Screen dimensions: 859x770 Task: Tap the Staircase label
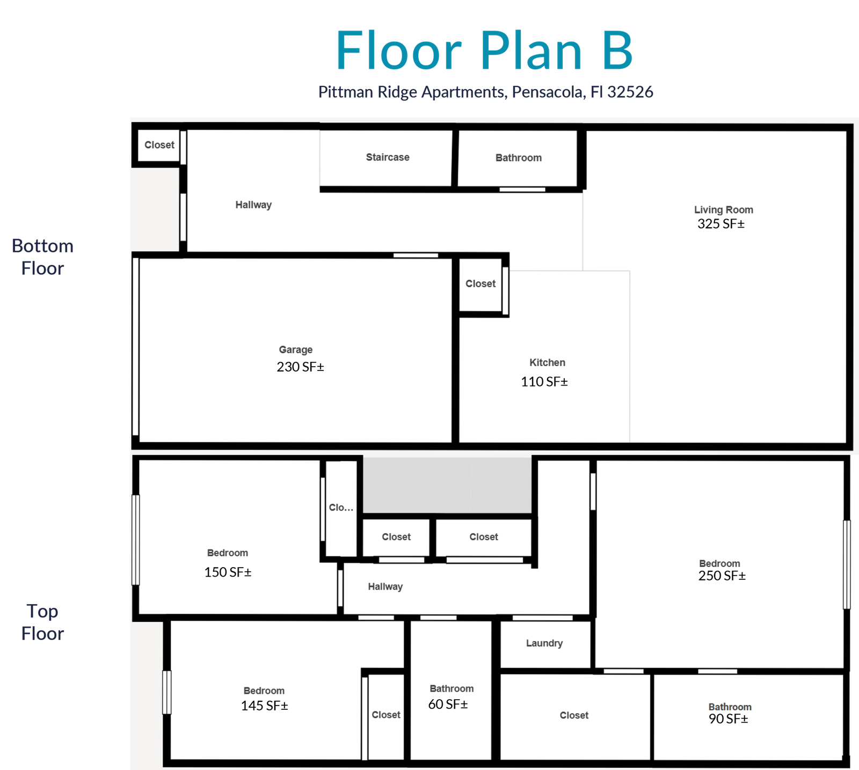click(388, 157)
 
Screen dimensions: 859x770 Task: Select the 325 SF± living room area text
click(721, 224)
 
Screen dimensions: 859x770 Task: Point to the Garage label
click(296, 350)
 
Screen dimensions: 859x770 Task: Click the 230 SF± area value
click(301, 367)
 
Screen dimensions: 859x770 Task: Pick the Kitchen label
click(547, 362)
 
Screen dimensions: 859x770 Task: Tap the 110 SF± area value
click(544, 382)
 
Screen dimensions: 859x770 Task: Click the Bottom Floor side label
click(42, 257)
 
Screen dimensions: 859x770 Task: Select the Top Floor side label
click(42, 622)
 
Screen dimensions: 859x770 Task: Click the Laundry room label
click(544, 643)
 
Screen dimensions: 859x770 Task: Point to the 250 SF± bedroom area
click(722, 576)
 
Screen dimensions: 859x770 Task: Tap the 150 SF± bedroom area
click(228, 572)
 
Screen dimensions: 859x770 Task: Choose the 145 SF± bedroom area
click(265, 706)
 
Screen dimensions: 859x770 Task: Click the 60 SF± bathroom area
click(448, 704)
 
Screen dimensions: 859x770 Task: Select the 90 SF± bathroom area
click(729, 719)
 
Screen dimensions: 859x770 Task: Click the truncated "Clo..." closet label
click(341, 507)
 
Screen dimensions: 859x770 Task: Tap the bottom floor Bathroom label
click(519, 158)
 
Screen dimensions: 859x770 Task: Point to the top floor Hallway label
click(385, 587)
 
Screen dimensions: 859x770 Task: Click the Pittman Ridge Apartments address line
click(485, 92)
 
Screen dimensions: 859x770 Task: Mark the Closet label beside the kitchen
click(481, 284)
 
